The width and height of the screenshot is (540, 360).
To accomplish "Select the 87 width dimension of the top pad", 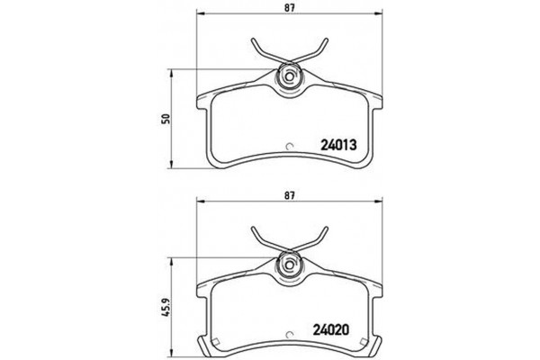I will click(x=290, y=8).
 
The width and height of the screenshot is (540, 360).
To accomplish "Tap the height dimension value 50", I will click(x=166, y=119).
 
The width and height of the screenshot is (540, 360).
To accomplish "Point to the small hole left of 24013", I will click(x=289, y=148).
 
